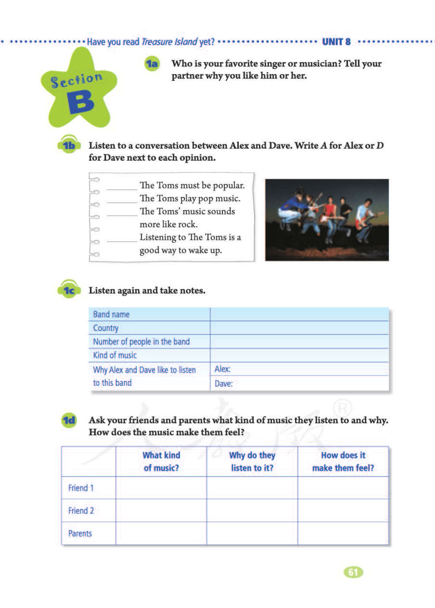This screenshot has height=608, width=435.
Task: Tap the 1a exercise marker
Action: [x=152, y=64]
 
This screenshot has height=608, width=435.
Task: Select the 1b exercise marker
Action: [x=69, y=145]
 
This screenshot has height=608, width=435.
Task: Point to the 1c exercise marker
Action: [x=69, y=290]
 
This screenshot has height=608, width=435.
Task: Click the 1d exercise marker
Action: [x=69, y=420]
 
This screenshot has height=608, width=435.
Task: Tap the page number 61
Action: [x=353, y=572]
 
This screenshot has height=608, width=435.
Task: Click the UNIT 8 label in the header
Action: [x=336, y=42]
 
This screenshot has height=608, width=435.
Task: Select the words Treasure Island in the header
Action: [x=169, y=42]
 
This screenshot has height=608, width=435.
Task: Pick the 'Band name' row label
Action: [x=111, y=314]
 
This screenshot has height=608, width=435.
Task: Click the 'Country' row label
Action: [x=106, y=328]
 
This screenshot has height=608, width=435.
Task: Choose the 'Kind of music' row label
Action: [x=115, y=356]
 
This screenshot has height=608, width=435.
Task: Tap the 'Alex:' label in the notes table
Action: [x=222, y=369]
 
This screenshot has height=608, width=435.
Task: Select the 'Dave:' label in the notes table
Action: [x=224, y=384]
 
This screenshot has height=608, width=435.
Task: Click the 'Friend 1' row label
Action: [x=81, y=488]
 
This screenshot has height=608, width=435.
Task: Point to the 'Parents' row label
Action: [x=80, y=534]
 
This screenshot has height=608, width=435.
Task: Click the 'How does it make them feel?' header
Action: [x=343, y=461]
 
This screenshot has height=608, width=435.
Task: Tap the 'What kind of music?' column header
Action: [x=161, y=461]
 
